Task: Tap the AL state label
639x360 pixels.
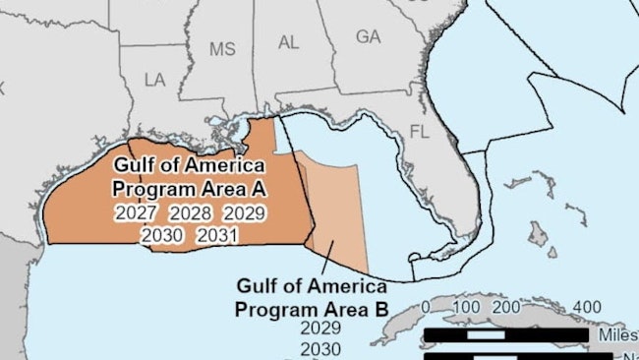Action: (x=289, y=42)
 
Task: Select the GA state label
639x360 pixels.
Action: (x=368, y=36)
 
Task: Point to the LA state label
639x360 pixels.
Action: (x=155, y=79)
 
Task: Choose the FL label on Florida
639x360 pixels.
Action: (x=420, y=132)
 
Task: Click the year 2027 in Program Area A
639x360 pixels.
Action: (x=135, y=212)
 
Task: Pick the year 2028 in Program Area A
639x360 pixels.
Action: (x=189, y=212)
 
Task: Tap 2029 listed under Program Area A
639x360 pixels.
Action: (x=244, y=212)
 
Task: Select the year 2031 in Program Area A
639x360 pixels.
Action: (x=216, y=235)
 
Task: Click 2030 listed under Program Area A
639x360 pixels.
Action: (x=160, y=235)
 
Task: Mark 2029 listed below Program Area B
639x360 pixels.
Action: (x=320, y=329)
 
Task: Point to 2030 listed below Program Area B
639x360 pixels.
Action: (x=320, y=349)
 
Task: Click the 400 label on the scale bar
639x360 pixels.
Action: (x=586, y=307)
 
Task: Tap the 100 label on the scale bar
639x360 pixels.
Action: (x=466, y=307)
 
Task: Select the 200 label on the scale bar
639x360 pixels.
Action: (x=509, y=307)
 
